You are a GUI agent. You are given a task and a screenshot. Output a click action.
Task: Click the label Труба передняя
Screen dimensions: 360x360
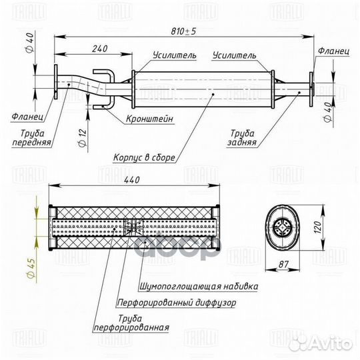[33, 137]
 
